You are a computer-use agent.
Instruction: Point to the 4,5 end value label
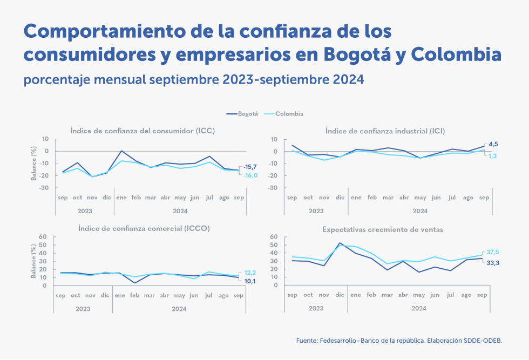tap(493, 144)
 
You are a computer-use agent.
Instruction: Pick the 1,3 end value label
tap(493, 155)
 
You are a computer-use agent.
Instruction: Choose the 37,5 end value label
tap(493, 252)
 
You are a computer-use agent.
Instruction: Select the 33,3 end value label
tap(493, 262)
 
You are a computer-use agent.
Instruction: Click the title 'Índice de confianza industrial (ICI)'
tap(385, 131)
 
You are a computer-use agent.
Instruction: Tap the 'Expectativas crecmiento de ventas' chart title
tap(383, 229)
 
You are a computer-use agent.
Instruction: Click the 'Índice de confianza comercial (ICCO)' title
tap(144, 228)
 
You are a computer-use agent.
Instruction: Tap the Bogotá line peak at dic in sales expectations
tap(340, 243)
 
